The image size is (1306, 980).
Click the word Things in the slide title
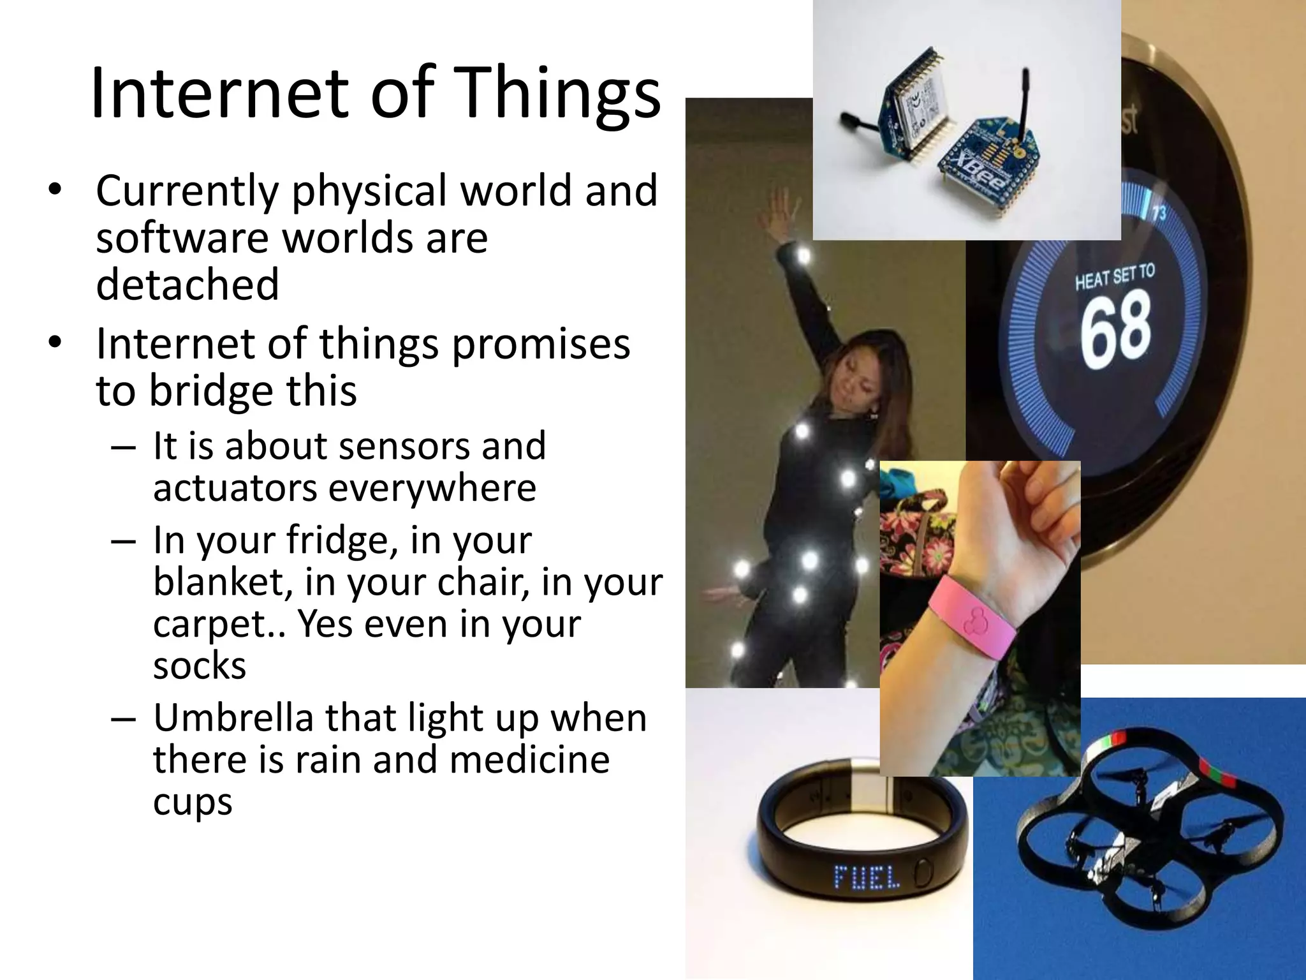coord(557,96)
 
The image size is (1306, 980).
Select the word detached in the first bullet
coord(187,284)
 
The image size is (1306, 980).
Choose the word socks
coord(200,665)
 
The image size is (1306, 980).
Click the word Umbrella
coord(233,718)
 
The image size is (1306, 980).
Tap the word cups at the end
coord(192,802)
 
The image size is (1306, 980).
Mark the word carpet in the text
coord(212,625)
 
